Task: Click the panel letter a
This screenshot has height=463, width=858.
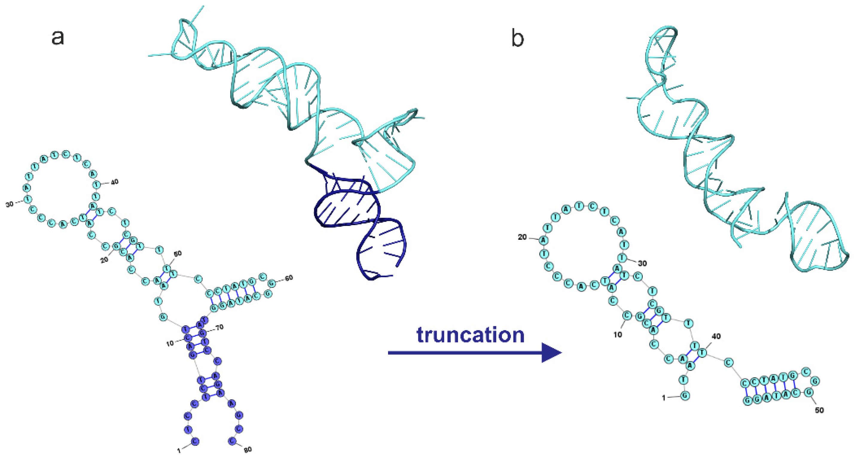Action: pyautogui.click(x=58, y=37)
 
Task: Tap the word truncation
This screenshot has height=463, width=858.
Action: pyautogui.click(x=470, y=335)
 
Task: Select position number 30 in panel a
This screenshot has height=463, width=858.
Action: pyautogui.click(x=10, y=204)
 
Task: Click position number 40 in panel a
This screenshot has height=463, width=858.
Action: pyautogui.click(x=114, y=182)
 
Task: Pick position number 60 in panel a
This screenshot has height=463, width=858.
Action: pyautogui.click(x=289, y=277)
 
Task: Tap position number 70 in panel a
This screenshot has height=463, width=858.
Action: pyautogui.click(x=219, y=327)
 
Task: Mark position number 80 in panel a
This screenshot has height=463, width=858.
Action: pyautogui.click(x=248, y=450)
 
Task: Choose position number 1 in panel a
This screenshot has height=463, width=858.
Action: pyautogui.click(x=179, y=451)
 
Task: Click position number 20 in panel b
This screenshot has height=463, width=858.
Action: pyautogui.click(x=522, y=237)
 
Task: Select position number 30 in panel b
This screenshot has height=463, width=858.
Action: pyautogui.click(x=642, y=263)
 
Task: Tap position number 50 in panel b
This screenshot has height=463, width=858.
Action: pyautogui.click(x=819, y=410)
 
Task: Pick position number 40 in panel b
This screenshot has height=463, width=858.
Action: pyautogui.click(x=716, y=336)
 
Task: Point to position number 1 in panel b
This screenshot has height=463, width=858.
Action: pyautogui.click(x=663, y=398)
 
